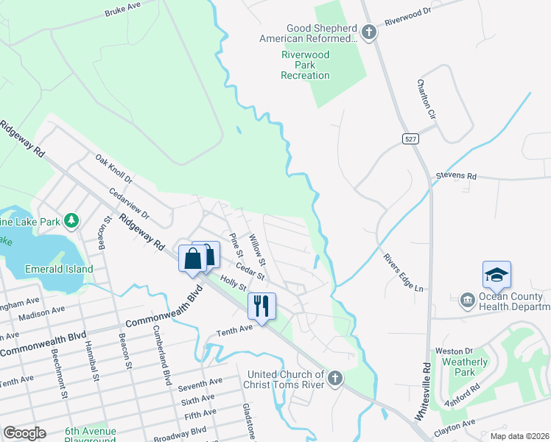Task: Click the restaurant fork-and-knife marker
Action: (262, 304)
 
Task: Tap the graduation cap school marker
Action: (496, 275)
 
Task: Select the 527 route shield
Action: (411, 138)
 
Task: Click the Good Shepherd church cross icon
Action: (368, 32)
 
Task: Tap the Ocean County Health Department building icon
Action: (467, 300)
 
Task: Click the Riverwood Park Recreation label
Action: (306, 65)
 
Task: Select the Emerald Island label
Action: (58, 269)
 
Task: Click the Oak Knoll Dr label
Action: (113, 169)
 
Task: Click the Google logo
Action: (25, 432)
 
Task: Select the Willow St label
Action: (256, 250)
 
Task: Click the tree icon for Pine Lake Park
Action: (71, 220)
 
